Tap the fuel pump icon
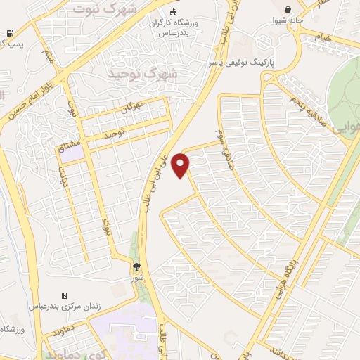pyautogui.click(x=8, y=33)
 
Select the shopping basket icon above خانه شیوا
pyautogui.click(x=288, y=9)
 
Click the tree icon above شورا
pyautogui.click(x=137, y=266)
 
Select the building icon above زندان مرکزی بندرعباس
pyautogui.click(x=65, y=296)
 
